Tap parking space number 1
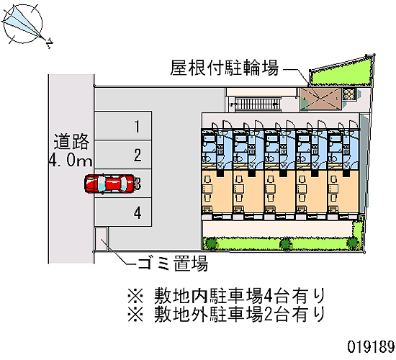[x=123, y=125]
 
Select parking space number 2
[x=123, y=155]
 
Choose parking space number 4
[x=123, y=212]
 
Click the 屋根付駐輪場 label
[x=224, y=68]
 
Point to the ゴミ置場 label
[x=173, y=264]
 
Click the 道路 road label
[x=71, y=142]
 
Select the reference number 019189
[x=371, y=346]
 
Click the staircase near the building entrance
[x=257, y=104]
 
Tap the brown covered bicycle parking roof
[x=320, y=99]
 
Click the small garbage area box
[x=101, y=239]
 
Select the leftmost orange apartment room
[x=217, y=192]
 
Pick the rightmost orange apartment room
[x=343, y=192]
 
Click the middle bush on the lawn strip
[x=286, y=244]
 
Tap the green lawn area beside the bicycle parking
[x=341, y=73]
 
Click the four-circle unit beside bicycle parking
[x=349, y=94]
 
